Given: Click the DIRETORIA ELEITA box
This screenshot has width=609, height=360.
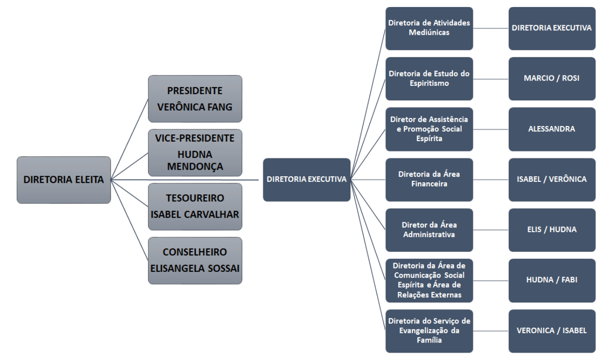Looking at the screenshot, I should click(x=64, y=180).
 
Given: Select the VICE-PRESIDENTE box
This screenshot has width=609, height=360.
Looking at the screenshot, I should click(x=195, y=153).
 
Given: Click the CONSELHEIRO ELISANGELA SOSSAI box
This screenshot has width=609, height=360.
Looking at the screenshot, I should click(x=195, y=260).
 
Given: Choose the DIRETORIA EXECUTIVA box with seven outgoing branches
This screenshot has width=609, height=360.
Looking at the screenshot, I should click(x=306, y=180).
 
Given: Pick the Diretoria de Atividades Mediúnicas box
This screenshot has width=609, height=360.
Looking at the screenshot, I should click(x=429, y=28).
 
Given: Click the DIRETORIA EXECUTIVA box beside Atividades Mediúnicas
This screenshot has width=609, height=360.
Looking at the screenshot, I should click(x=552, y=28).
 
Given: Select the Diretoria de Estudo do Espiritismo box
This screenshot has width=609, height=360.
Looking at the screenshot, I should click(x=429, y=79).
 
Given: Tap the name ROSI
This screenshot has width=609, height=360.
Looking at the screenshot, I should click(x=570, y=78).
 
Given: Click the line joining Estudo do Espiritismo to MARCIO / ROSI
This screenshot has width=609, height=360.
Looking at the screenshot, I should click(x=491, y=79).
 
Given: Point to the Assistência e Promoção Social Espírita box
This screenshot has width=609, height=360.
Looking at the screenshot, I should click(x=429, y=129).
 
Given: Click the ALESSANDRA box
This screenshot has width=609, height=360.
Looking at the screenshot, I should click(x=552, y=129).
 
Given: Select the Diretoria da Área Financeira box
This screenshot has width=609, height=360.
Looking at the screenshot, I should click(x=429, y=180).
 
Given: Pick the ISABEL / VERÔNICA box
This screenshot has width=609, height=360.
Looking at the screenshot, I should click(x=552, y=180).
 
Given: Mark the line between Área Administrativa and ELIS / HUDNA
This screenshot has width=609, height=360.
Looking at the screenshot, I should click(x=491, y=230).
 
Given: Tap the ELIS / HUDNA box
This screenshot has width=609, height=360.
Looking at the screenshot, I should click(x=552, y=230).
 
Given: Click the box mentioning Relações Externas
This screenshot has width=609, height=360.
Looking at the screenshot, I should click(x=429, y=280).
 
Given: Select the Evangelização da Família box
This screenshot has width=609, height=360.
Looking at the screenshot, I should click(x=429, y=330).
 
